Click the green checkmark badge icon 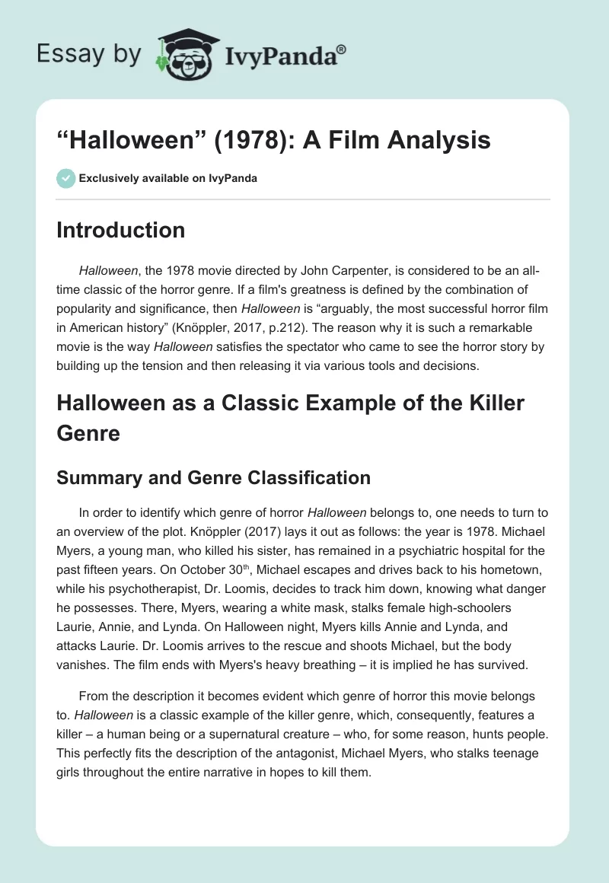click(65, 178)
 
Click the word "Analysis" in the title click(442, 141)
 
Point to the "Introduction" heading click(120, 230)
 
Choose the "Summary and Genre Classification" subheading click(213, 477)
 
